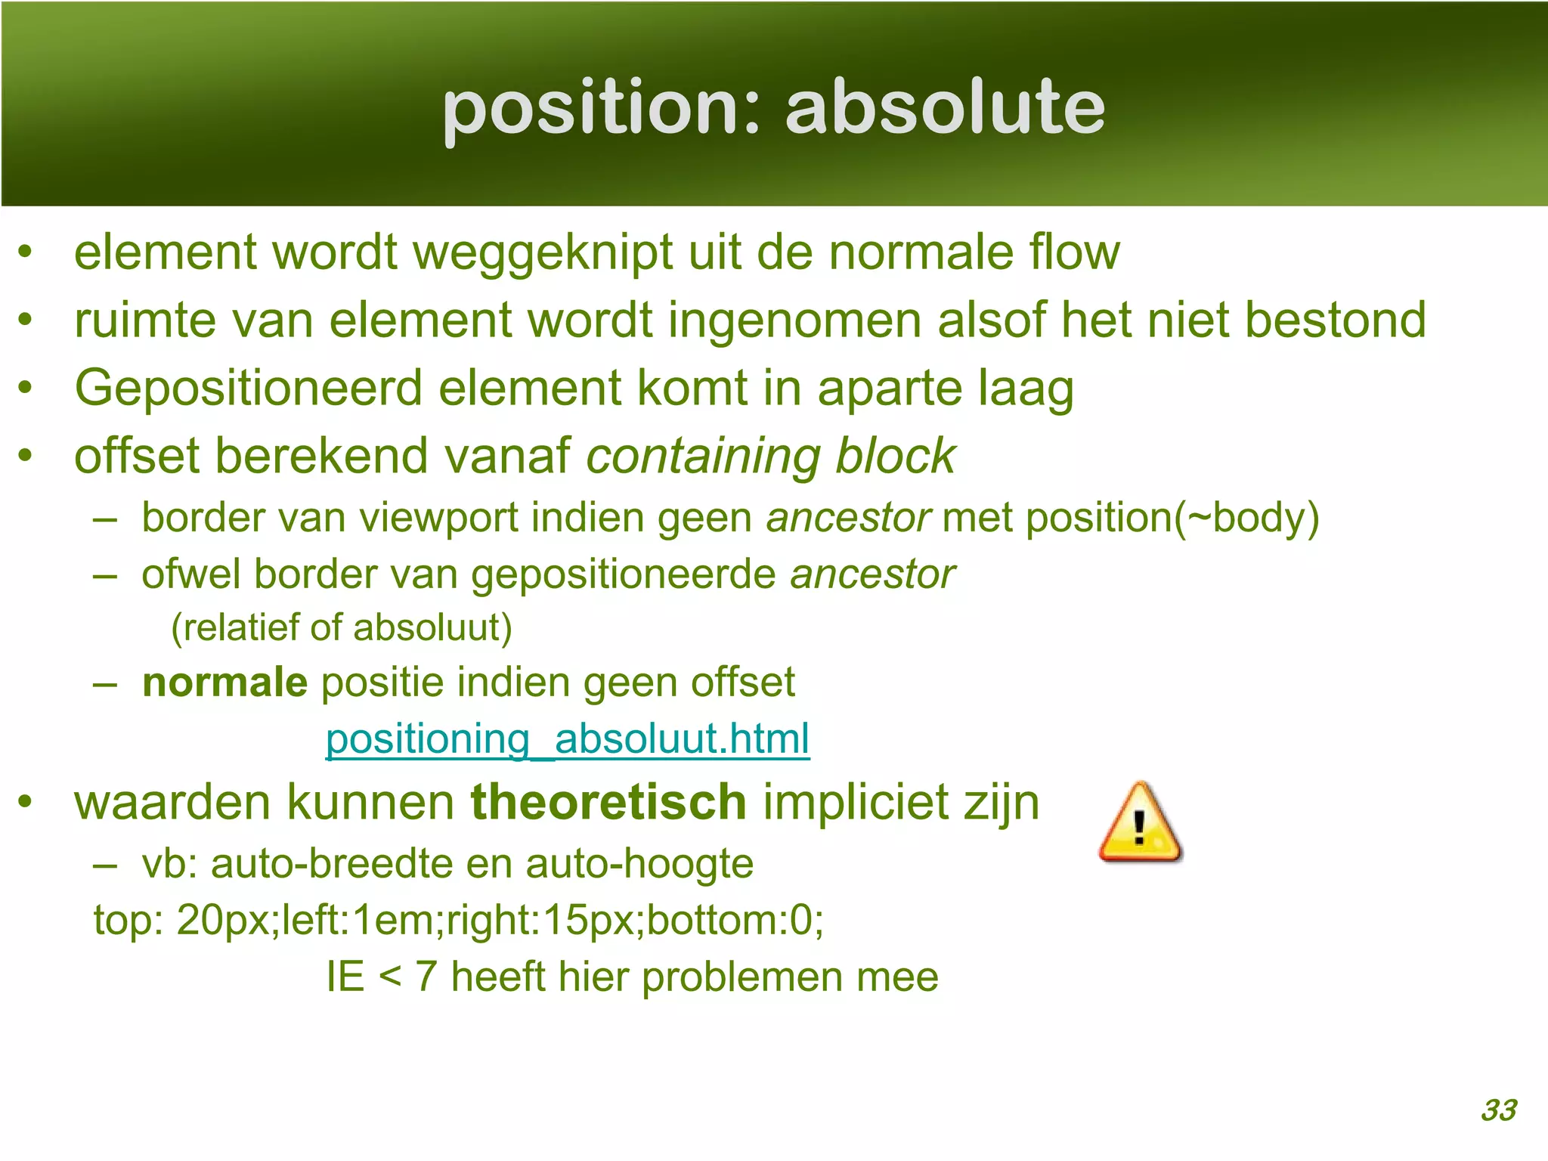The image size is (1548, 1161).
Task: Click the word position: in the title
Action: coord(601,107)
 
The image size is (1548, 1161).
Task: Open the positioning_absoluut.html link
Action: coord(567,739)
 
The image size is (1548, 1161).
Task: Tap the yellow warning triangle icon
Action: coord(1140,824)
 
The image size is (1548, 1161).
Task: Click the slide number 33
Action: coord(1498,1110)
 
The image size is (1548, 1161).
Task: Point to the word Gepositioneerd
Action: coord(249,389)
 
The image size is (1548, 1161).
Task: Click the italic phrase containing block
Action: coord(771,457)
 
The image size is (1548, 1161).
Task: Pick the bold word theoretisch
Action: coord(608,802)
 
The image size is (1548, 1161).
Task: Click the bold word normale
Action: coord(224,683)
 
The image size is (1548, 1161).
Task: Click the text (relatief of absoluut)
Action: coord(342,628)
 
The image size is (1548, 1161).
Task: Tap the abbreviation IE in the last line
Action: coord(345,977)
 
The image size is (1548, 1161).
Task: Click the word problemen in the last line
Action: coord(741,977)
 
